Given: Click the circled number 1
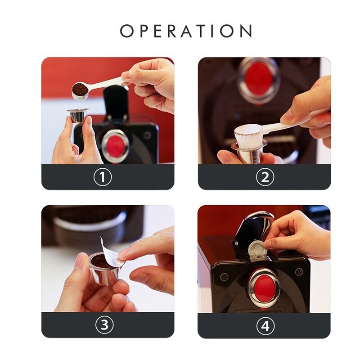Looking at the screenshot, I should (102, 177).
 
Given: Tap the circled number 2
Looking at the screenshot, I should (265, 177).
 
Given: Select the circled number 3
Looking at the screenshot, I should (104, 325).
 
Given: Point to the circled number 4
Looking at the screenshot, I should (265, 325).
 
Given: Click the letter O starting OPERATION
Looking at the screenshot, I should (128, 31).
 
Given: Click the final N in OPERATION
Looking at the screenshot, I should (245, 31).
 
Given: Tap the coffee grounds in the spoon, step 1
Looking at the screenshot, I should (80, 89).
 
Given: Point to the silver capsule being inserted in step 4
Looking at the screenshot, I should (256, 248).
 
